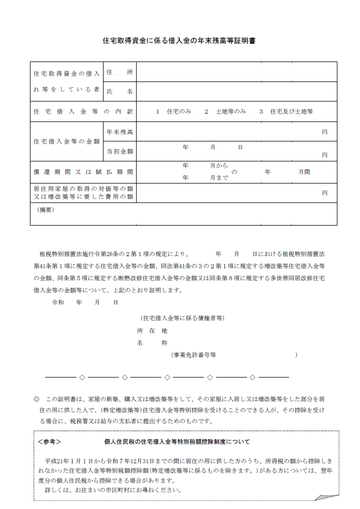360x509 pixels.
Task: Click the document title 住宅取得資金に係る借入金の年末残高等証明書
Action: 179,41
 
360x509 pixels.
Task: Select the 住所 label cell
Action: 119,72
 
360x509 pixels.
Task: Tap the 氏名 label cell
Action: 119,91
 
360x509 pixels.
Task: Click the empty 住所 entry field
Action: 236,72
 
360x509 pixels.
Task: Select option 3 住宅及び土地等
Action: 286,111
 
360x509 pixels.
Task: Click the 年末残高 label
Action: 119,131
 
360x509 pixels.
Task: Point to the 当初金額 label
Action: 119,151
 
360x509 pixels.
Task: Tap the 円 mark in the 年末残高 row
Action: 325,132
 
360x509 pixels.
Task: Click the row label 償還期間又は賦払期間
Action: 83,171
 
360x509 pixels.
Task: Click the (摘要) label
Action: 46,209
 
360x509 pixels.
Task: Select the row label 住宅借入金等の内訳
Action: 83,111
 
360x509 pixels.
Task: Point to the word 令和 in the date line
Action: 58,302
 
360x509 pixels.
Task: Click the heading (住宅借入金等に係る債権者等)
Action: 182,318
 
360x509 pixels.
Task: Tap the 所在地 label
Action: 152,331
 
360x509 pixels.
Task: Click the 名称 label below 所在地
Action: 152,343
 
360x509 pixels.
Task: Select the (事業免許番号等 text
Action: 193,355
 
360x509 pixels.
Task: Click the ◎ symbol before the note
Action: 36,399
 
